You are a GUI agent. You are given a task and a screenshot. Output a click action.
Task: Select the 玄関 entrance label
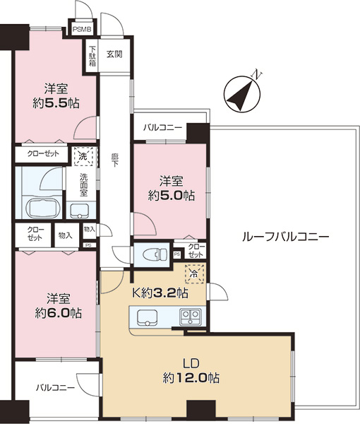click(114, 53)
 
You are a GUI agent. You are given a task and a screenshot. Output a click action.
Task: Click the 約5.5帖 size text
click(56, 102)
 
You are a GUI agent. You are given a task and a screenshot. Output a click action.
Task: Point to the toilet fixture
click(151, 254)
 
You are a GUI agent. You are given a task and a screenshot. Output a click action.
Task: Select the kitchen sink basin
click(147, 317)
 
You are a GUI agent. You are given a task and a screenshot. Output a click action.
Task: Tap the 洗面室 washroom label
click(83, 185)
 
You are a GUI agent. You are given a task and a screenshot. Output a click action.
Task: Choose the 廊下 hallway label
click(114, 158)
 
